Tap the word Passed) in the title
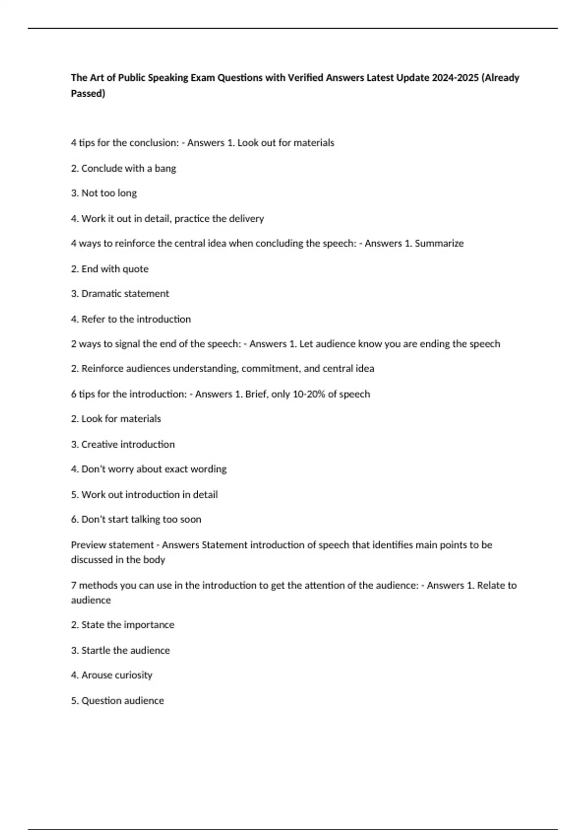click(88, 93)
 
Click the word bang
click(165, 168)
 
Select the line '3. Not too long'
click(104, 193)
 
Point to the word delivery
click(246, 219)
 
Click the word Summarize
click(439, 243)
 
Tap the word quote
click(135, 269)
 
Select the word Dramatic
click(101, 293)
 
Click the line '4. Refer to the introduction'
click(131, 319)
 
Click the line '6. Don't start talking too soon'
click(136, 519)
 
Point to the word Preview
click(88, 545)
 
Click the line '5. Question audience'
click(117, 701)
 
